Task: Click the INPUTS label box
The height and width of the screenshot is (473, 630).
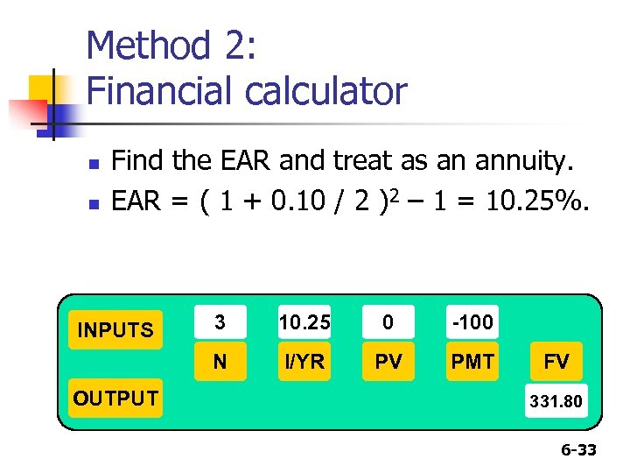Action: pyautogui.click(x=115, y=330)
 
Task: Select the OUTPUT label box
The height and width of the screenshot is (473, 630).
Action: pyautogui.click(x=115, y=399)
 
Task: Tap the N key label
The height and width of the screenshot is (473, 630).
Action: pyautogui.click(x=220, y=362)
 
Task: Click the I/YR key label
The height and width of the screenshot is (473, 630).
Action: pyautogui.click(x=304, y=362)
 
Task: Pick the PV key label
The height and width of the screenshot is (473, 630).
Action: pyautogui.click(x=388, y=362)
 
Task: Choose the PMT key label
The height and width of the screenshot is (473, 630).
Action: pyautogui.click(x=472, y=362)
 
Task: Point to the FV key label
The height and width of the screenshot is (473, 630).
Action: pyautogui.click(x=556, y=362)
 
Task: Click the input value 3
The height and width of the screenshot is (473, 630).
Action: pyautogui.click(x=220, y=322)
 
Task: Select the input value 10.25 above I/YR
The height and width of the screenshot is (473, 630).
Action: pyautogui.click(x=304, y=322)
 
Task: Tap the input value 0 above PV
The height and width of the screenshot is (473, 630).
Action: pyautogui.click(x=388, y=322)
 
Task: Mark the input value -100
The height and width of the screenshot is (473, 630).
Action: pyautogui.click(x=472, y=322)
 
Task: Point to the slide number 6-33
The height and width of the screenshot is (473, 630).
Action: pyautogui.click(x=578, y=450)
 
